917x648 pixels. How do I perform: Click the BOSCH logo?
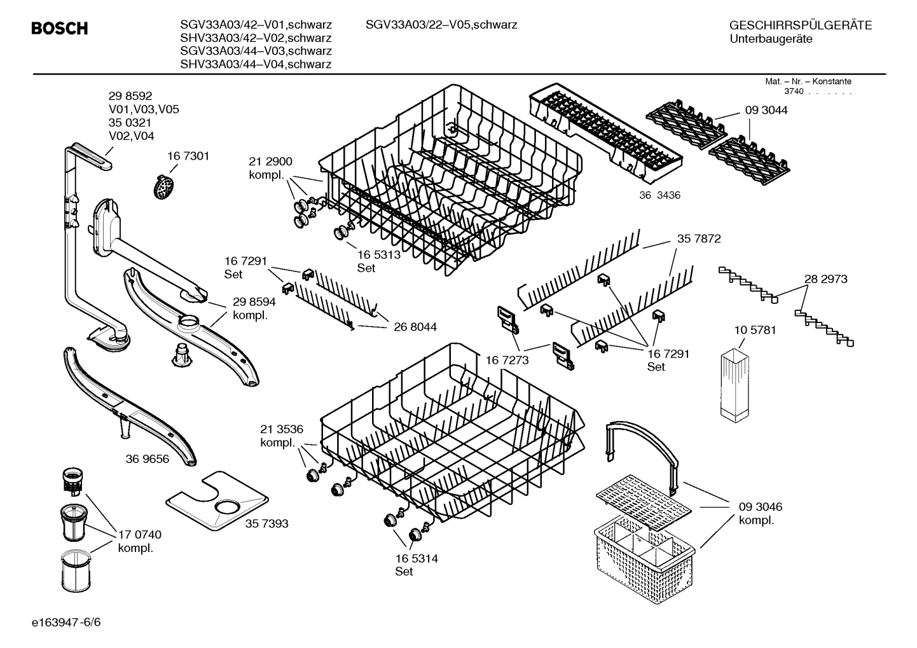(60, 29)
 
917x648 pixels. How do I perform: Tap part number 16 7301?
(188, 156)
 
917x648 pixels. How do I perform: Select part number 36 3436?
(659, 195)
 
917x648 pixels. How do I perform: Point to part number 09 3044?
(766, 110)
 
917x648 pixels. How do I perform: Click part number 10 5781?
(755, 330)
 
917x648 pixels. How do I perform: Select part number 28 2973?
(825, 279)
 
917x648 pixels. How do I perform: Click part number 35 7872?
(699, 238)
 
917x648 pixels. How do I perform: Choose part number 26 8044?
(415, 327)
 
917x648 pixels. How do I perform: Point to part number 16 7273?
(507, 361)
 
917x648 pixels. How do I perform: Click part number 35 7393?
(266, 523)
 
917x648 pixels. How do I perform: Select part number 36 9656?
(148, 458)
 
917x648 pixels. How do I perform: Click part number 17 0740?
(140, 535)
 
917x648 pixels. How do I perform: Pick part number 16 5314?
(416, 558)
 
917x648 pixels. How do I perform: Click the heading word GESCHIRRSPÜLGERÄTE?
(800, 25)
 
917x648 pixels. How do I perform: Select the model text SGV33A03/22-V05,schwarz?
(441, 25)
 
